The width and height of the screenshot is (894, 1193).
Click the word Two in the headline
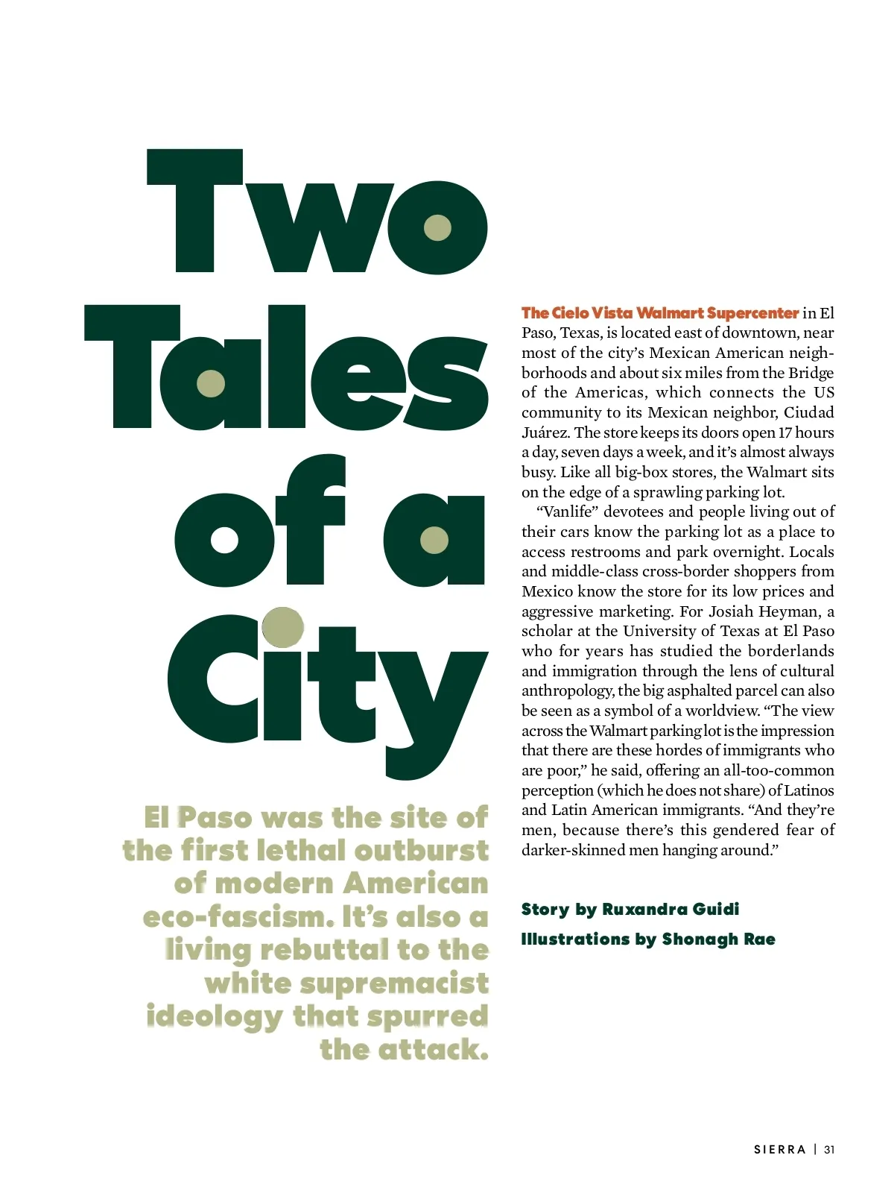pyautogui.click(x=317, y=213)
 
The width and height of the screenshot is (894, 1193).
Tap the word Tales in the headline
pyautogui.click(x=287, y=369)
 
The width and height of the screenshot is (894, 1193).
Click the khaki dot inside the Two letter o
pyautogui.click(x=437, y=227)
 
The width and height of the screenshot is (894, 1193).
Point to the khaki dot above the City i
pyautogui.click(x=283, y=626)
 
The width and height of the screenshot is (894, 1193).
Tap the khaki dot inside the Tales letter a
pyautogui.click(x=211, y=384)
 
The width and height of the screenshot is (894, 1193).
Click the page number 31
pyautogui.click(x=829, y=1150)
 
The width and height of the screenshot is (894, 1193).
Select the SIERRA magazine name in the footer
pyautogui.click(x=780, y=1150)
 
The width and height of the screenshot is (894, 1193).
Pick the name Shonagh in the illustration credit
pyautogui.click(x=697, y=939)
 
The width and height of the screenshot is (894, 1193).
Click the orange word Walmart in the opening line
pyautogui.click(x=670, y=313)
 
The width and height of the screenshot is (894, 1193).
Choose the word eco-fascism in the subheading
pyautogui.click(x=238, y=916)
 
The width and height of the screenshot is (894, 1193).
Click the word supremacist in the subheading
pyautogui.click(x=394, y=983)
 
